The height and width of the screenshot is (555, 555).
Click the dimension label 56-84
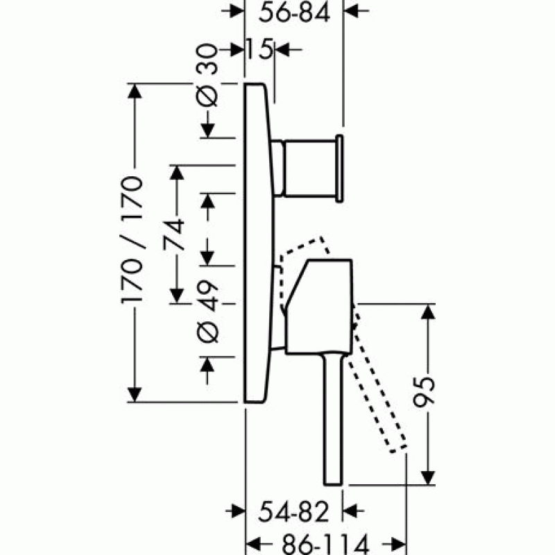pyautogui.click(x=294, y=13)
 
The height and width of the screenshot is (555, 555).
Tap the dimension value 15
pyautogui.click(x=259, y=49)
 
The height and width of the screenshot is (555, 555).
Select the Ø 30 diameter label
pyautogui.click(x=207, y=75)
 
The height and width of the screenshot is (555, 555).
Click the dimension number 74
pyautogui.click(x=174, y=234)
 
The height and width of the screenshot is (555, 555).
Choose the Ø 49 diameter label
pyautogui.click(x=207, y=311)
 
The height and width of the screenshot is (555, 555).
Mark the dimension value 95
pyautogui.click(x=424, y=393)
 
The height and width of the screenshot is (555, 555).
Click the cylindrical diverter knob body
pyautogui.click(x=309, y=168)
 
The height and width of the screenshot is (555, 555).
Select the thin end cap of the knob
pyautogui.click(x=339, y=169)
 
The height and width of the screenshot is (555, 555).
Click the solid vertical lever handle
pyautogui.click(x=333, y=419)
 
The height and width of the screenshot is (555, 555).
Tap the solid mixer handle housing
pyautogui.click(x=318, y=307)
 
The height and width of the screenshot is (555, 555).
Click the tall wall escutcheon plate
pyautogui.click(x=259, y=243)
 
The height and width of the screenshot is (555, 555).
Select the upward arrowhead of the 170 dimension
pyautogui.click(x=135, y=92)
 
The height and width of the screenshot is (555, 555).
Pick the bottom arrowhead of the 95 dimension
pyautogui.click(x=428, y=477)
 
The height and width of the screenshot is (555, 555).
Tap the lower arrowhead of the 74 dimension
pyautogui.click(x=177, y=296)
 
